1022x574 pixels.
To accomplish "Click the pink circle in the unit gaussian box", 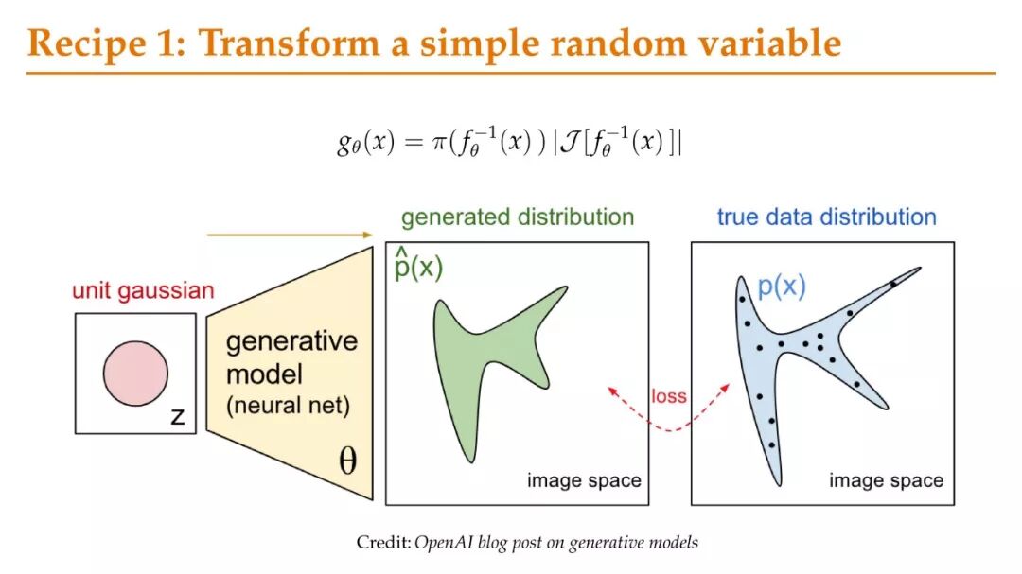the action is coord(135,374).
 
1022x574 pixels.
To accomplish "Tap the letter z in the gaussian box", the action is coord(177,416).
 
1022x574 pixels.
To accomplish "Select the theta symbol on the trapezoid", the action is coord(348,461).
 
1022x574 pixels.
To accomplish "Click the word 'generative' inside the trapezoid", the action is coord(291,340).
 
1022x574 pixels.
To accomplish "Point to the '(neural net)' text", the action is coord(288,406).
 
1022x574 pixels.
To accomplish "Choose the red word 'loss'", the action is coord(669,396).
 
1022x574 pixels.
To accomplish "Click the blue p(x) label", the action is coord(782,286).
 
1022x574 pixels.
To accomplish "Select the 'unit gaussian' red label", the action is coord(143,290).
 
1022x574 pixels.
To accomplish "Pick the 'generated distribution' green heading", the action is coord(518,217).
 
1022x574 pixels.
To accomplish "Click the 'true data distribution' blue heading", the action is coord(826,217).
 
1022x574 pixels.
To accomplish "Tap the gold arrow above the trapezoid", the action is coord(290,235).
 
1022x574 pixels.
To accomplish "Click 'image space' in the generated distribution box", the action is coord(584,480).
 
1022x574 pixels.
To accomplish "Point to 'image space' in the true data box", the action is coord(886,480).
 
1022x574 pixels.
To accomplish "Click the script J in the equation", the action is coord(571,142).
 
